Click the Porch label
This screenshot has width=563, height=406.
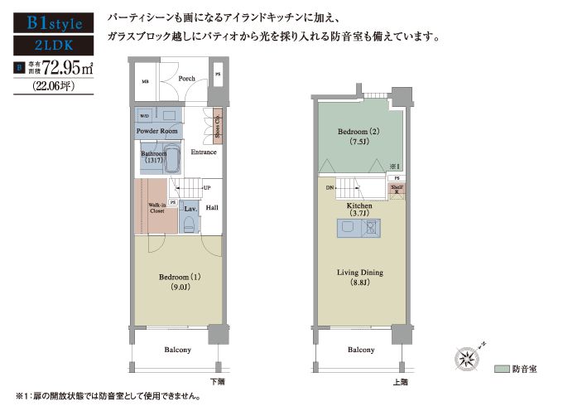186,80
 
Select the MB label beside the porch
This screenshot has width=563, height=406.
144,82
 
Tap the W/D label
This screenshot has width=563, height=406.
144,115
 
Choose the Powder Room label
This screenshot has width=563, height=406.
156,132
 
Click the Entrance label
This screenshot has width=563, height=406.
204,152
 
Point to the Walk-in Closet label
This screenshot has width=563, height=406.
156,208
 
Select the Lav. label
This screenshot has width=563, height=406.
190,208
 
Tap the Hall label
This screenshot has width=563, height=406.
212,209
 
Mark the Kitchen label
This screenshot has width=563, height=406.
359,205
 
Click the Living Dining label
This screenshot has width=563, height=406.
359,273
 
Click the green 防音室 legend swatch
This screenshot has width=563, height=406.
501,368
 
